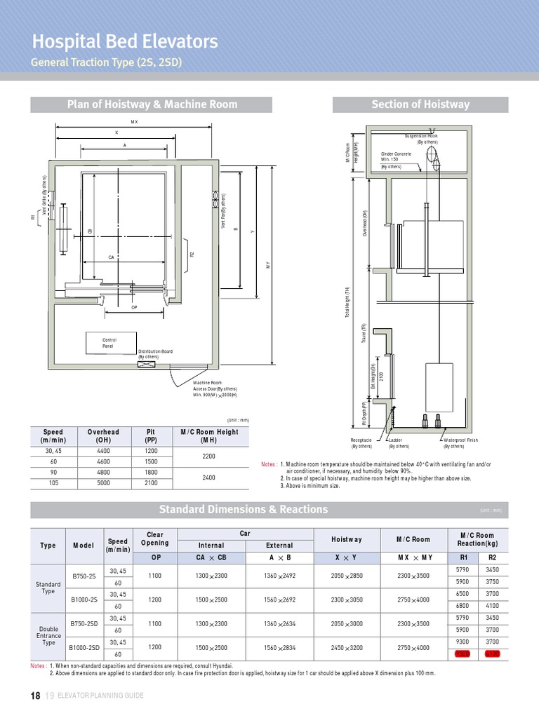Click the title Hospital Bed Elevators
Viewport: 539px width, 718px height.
pos(124,41)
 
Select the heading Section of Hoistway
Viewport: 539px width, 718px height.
pos(420,104)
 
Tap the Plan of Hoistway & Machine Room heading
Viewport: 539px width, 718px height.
pos(152,104)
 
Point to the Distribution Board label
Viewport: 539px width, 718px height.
pos(155,354)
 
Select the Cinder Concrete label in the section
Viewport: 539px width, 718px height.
pos(396,156)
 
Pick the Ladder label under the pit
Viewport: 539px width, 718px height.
pos(399,442)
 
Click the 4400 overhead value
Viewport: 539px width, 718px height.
pos(103,452)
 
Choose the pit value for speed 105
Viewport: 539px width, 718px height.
pos(150,483)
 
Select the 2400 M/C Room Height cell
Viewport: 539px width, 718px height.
pos(209,478)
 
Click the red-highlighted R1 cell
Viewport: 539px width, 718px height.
pos(462,653)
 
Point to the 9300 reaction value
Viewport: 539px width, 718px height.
pos(462,642)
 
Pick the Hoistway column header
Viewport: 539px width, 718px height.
pos(347,539)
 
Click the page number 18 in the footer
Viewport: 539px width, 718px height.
pos(35,696)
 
